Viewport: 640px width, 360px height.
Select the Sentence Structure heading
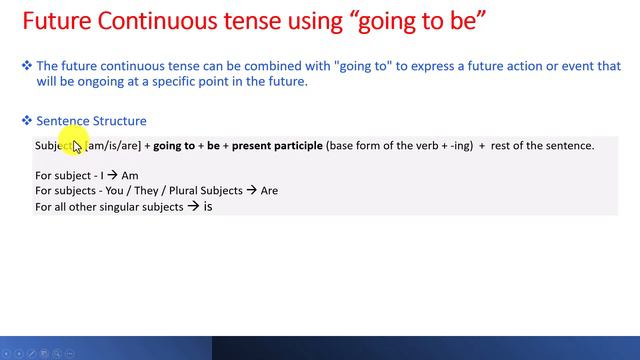coord(91,121)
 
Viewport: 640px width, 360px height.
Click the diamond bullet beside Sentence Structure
coord(27,121)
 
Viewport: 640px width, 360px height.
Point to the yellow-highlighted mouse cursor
coord(76,146)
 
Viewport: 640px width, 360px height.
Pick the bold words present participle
coord(277,146)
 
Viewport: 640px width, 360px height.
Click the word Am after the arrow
coord(130,176)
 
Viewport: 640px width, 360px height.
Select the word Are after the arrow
coord(269,191)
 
